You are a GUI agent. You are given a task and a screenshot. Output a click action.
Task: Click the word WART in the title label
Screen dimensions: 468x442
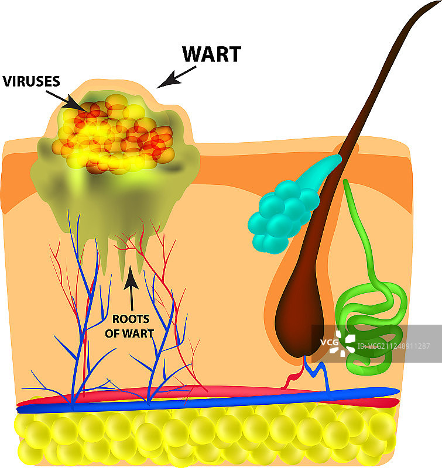pos(211,54)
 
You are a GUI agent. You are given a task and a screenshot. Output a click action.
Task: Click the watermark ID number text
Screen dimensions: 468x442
pos(399,346)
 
